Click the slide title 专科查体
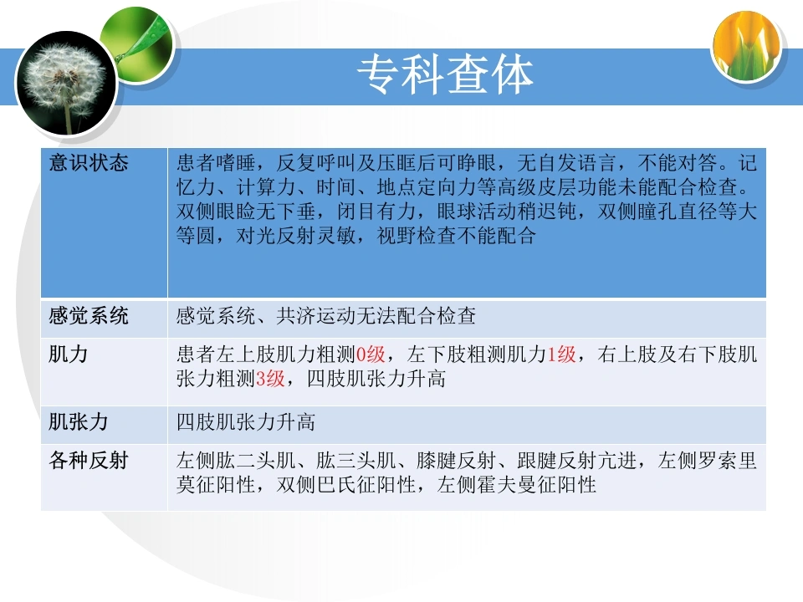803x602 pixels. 445,74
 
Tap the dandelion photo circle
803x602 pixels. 67,83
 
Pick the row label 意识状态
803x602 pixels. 89,163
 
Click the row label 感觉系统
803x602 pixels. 89,315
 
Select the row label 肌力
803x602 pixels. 68,354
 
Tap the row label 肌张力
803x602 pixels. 79,421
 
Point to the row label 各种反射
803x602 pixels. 89,460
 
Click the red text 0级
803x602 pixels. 371,355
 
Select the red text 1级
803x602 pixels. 562,355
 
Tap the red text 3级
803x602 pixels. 270,379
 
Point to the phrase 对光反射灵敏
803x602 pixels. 296,236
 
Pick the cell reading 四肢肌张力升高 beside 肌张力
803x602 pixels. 246,422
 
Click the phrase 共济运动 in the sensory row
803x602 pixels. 316,316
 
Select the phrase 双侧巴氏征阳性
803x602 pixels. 346,485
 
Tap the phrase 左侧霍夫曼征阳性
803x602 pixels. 517,485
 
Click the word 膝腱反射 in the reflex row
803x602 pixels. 457,461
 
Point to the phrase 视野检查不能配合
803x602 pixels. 457,236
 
